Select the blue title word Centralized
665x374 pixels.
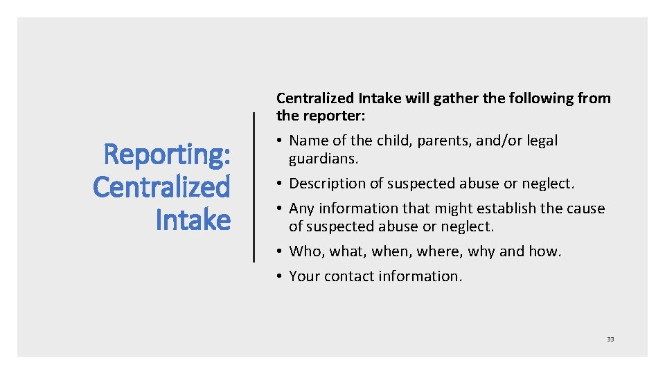[x=161, y=187]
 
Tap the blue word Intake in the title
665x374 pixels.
[x=193, y=220]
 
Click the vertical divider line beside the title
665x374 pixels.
[x=254, y=187]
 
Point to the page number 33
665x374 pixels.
[x=610, y=339]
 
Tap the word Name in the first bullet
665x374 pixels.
[x=309, y=141]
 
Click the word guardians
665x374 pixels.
[x=323, y=159]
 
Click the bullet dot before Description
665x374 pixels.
[x=280, y=184]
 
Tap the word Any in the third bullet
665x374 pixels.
[x=301, y=208]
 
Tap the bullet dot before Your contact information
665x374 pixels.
[x=280, y=276]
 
